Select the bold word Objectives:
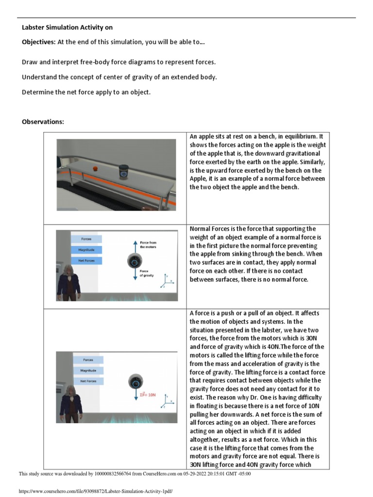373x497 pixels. click(x=39, y=42)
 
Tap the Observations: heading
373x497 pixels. click(x=43, y=122)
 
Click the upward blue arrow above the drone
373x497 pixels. click(x=134, y=247)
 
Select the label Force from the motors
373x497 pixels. click(x=148, y=244)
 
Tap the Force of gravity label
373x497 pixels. click(x=147, y=273)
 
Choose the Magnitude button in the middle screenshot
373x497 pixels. click(x=86, y=250)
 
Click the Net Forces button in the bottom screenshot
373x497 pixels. click(x=88, y=381)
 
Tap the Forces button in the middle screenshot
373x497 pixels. click(x=86, y=239)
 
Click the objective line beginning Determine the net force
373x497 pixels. click(x=86, y=92)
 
